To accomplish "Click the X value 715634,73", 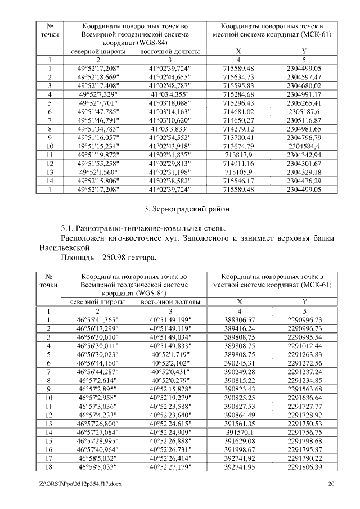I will pyautogui.click(x=238, y=77).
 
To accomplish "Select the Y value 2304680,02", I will pyautogui.click(x=304, y=86).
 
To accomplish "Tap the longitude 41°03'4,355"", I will pyautogui.click(x=169, y=95).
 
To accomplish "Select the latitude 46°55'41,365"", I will pyautogui.click(x=100, y=319).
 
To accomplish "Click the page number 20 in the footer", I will pyautogui.click(x=331, y=484).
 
